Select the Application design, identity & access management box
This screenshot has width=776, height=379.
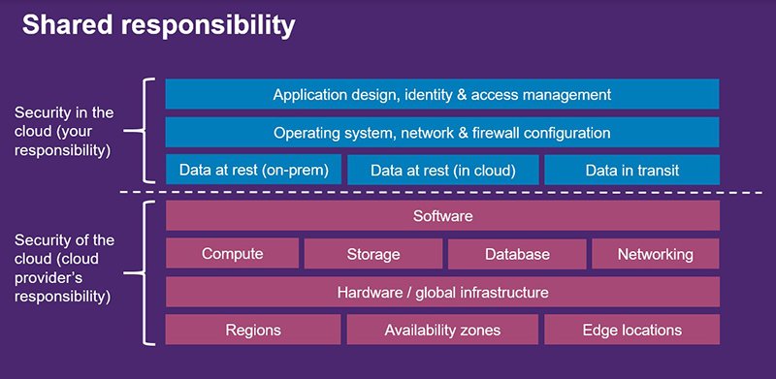[441, 94]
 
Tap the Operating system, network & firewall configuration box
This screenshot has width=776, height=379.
[441, 132]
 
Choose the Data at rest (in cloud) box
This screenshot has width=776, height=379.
[442, 170]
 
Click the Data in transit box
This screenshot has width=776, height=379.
[631, 170]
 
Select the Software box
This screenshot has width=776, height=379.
[442, 215]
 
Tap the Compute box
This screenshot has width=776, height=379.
[233, 254]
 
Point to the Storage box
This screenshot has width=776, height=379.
[373, 254]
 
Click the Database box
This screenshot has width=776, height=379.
[518, 254]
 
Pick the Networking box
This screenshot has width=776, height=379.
[656, 254]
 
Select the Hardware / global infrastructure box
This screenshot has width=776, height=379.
[442, 292]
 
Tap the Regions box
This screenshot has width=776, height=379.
[253, 330]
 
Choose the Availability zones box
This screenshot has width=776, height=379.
[442, 330]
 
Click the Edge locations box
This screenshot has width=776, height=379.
[632, 330]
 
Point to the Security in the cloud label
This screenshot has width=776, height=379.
[64, 132]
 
